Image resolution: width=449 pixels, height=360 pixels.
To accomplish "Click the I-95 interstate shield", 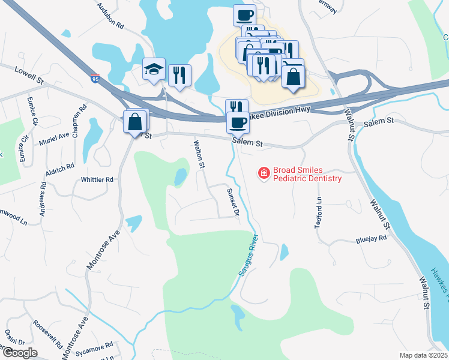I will pyautogui.click(x=95, y=78).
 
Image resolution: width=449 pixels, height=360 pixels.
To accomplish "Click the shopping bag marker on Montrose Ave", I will pyautogui.click(x=135, y=122).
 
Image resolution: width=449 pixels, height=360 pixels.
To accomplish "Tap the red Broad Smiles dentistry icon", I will pyautogui.click(x=263, y=173).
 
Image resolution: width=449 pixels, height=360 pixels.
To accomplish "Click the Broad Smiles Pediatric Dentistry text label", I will pyautogui.click(x=307, y=174).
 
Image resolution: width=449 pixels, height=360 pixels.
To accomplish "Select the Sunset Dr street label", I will pyautogui.click(x=232, y=202).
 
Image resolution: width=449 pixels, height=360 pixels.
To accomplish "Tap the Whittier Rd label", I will pyautogui.click(x=97, y=179).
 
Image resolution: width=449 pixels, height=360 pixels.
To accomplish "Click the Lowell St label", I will pyautogui.click(x=30, y=75).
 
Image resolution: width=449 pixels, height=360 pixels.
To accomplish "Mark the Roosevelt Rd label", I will pyautogui.click(x=48, y=335).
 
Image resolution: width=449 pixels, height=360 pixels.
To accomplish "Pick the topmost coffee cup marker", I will pyautogui.click(x=244, y=14).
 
